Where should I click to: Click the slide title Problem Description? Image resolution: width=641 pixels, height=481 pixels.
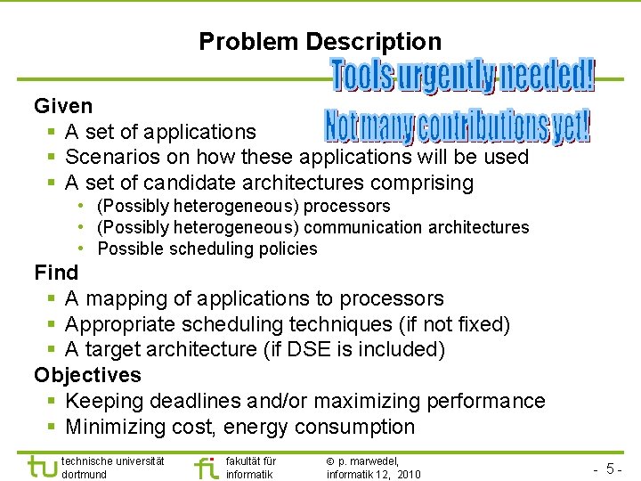[x=320, y=42]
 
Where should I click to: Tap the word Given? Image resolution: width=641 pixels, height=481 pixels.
[x=63, y=106]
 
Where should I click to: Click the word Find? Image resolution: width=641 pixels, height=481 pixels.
[x=56, y=273]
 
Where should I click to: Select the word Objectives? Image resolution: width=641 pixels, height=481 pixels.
[x=87, y=375]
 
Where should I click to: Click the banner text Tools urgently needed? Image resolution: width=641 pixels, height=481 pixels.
[x=463, y=77]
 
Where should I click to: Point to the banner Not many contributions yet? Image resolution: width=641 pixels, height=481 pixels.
[x=456, y=127]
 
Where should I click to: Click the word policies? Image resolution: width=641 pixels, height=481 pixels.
[x=289, y=249]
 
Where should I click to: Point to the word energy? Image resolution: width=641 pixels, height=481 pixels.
[x=256, y=428]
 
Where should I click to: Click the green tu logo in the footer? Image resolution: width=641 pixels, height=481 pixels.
[x=41, y=468]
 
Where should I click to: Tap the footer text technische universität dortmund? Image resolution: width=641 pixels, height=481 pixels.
[x=112, y=468]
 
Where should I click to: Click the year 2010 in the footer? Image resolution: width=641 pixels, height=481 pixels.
[x=409, y=475]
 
